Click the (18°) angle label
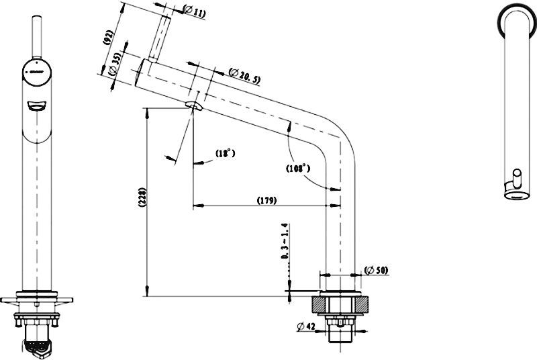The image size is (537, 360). click(225, 154)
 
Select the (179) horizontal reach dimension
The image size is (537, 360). click(266, 200)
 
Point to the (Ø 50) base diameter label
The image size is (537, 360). click(377, 271)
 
